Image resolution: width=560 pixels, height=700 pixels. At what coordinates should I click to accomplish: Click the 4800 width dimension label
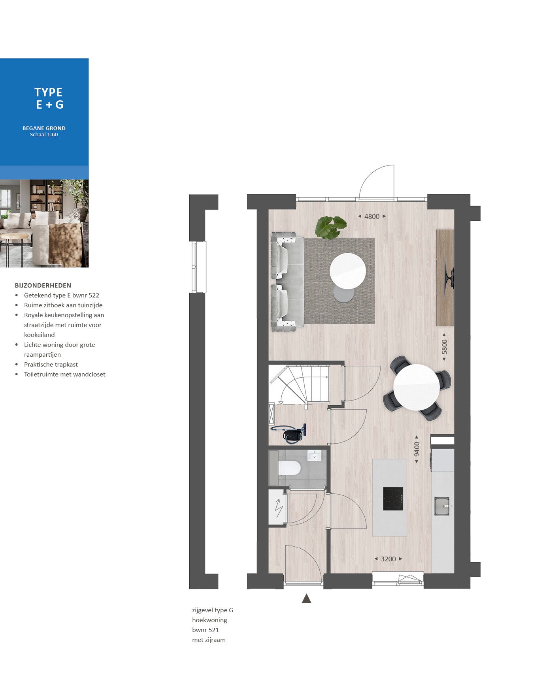[371, 216]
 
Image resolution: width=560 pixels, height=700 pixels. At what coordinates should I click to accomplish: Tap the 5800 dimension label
[444, 347]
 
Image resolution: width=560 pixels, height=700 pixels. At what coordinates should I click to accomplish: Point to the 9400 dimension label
[417, 449]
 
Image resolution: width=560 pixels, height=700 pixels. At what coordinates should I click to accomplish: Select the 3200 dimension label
[388, 559]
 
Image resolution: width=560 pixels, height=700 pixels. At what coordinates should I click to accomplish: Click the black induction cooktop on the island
[393, 499]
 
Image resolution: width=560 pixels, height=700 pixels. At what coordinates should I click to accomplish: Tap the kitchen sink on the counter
[442, 506]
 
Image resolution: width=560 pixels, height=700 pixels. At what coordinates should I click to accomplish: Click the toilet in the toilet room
[289, 468]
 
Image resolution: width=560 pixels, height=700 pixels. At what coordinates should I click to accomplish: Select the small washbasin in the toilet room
[315, 456]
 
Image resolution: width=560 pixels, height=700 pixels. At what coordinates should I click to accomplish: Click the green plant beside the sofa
[330, 227]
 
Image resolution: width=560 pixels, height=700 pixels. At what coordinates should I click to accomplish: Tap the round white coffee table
[348, 271]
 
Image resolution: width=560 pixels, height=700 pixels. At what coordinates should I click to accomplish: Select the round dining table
[417, 387]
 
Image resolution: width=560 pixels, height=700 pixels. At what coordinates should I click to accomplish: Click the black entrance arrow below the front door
[306, 598]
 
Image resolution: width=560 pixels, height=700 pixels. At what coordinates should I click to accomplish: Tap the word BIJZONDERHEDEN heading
[43, 285]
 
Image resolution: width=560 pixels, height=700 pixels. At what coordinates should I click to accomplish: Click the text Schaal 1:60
[44, 135]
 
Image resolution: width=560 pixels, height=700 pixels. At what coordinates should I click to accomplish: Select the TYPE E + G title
[49, 98]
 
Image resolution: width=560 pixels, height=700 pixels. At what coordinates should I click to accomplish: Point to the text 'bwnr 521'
[206, 630]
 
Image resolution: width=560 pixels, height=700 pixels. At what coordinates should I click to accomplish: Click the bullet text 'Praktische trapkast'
[51, 364]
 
